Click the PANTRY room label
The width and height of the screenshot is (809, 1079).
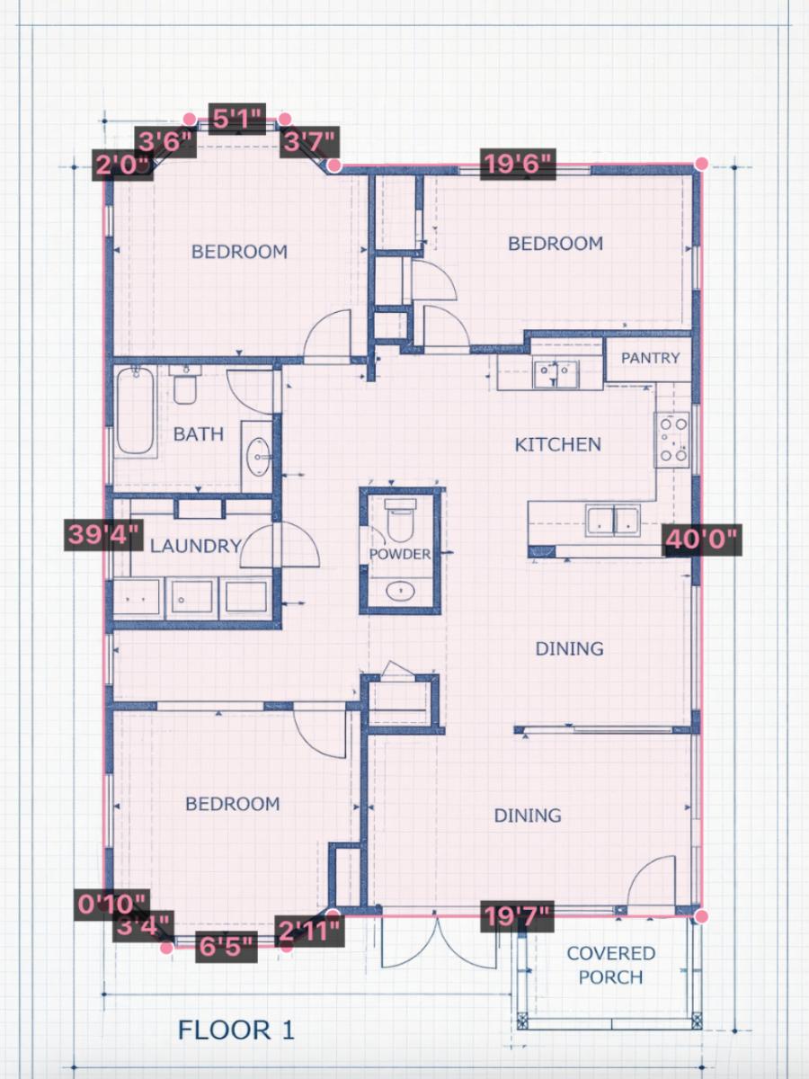tap(650, 358)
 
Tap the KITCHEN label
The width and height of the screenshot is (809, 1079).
tap(557, 444)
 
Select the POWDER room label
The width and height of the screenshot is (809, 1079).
tap(400, 554)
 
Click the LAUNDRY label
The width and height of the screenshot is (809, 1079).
tap(195, 546)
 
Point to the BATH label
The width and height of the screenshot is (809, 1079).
tap(198, 434)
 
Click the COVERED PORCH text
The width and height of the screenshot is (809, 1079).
tap(610, 965)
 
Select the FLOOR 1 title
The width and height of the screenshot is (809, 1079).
tap(236, 1030)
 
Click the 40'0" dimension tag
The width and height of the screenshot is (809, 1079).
tap(701, 540)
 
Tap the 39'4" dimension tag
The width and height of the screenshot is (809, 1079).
tap(104, 534)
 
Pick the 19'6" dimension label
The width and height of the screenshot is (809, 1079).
tap(517, 165)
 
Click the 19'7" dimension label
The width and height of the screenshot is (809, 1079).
tap(517, 917)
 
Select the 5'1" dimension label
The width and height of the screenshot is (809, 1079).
tap(237, 118)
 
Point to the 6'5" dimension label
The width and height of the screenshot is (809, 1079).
tap(227, 946)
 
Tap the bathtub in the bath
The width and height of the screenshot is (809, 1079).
tap(135, 410)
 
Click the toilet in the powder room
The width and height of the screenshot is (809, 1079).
tap(401, 519)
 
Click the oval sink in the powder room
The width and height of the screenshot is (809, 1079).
tap(400, 591)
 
